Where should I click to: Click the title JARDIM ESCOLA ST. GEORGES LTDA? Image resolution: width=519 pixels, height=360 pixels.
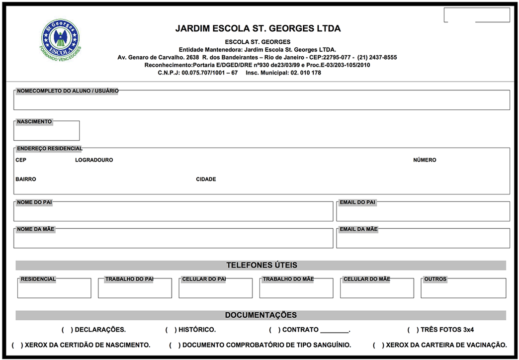[258, 28]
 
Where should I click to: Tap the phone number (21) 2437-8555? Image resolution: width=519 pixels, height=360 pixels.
[377, 57]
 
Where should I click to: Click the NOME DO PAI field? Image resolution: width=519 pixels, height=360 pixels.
[173, 212]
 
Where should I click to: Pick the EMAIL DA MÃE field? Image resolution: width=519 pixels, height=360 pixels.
[423, 239]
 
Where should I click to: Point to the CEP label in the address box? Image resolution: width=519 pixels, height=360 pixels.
[21, 160]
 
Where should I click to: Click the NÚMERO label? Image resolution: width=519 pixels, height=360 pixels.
[425, 160]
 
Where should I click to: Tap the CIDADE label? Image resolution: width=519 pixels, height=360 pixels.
[206, 179]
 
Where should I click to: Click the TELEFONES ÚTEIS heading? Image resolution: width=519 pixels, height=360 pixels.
[261, 266]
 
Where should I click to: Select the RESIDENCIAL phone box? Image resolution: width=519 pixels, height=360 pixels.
[54, 289]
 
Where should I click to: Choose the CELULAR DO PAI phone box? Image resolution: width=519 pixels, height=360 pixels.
[215, 289]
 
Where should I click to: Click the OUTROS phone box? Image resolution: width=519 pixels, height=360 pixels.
[463, 289]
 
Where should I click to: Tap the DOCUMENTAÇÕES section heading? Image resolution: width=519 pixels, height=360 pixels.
[261, 315]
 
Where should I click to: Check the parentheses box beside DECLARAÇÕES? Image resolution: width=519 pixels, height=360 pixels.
[68, 330]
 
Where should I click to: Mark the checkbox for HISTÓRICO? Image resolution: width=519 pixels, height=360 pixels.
[171, 330]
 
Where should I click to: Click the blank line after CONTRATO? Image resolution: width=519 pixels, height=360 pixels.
[335, 330]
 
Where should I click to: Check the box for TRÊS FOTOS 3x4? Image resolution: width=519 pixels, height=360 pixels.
[414, 330]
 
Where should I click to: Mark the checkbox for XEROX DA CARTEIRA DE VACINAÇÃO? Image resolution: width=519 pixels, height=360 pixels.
[378, 345]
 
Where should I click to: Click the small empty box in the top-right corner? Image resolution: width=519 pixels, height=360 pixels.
[476, 15]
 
